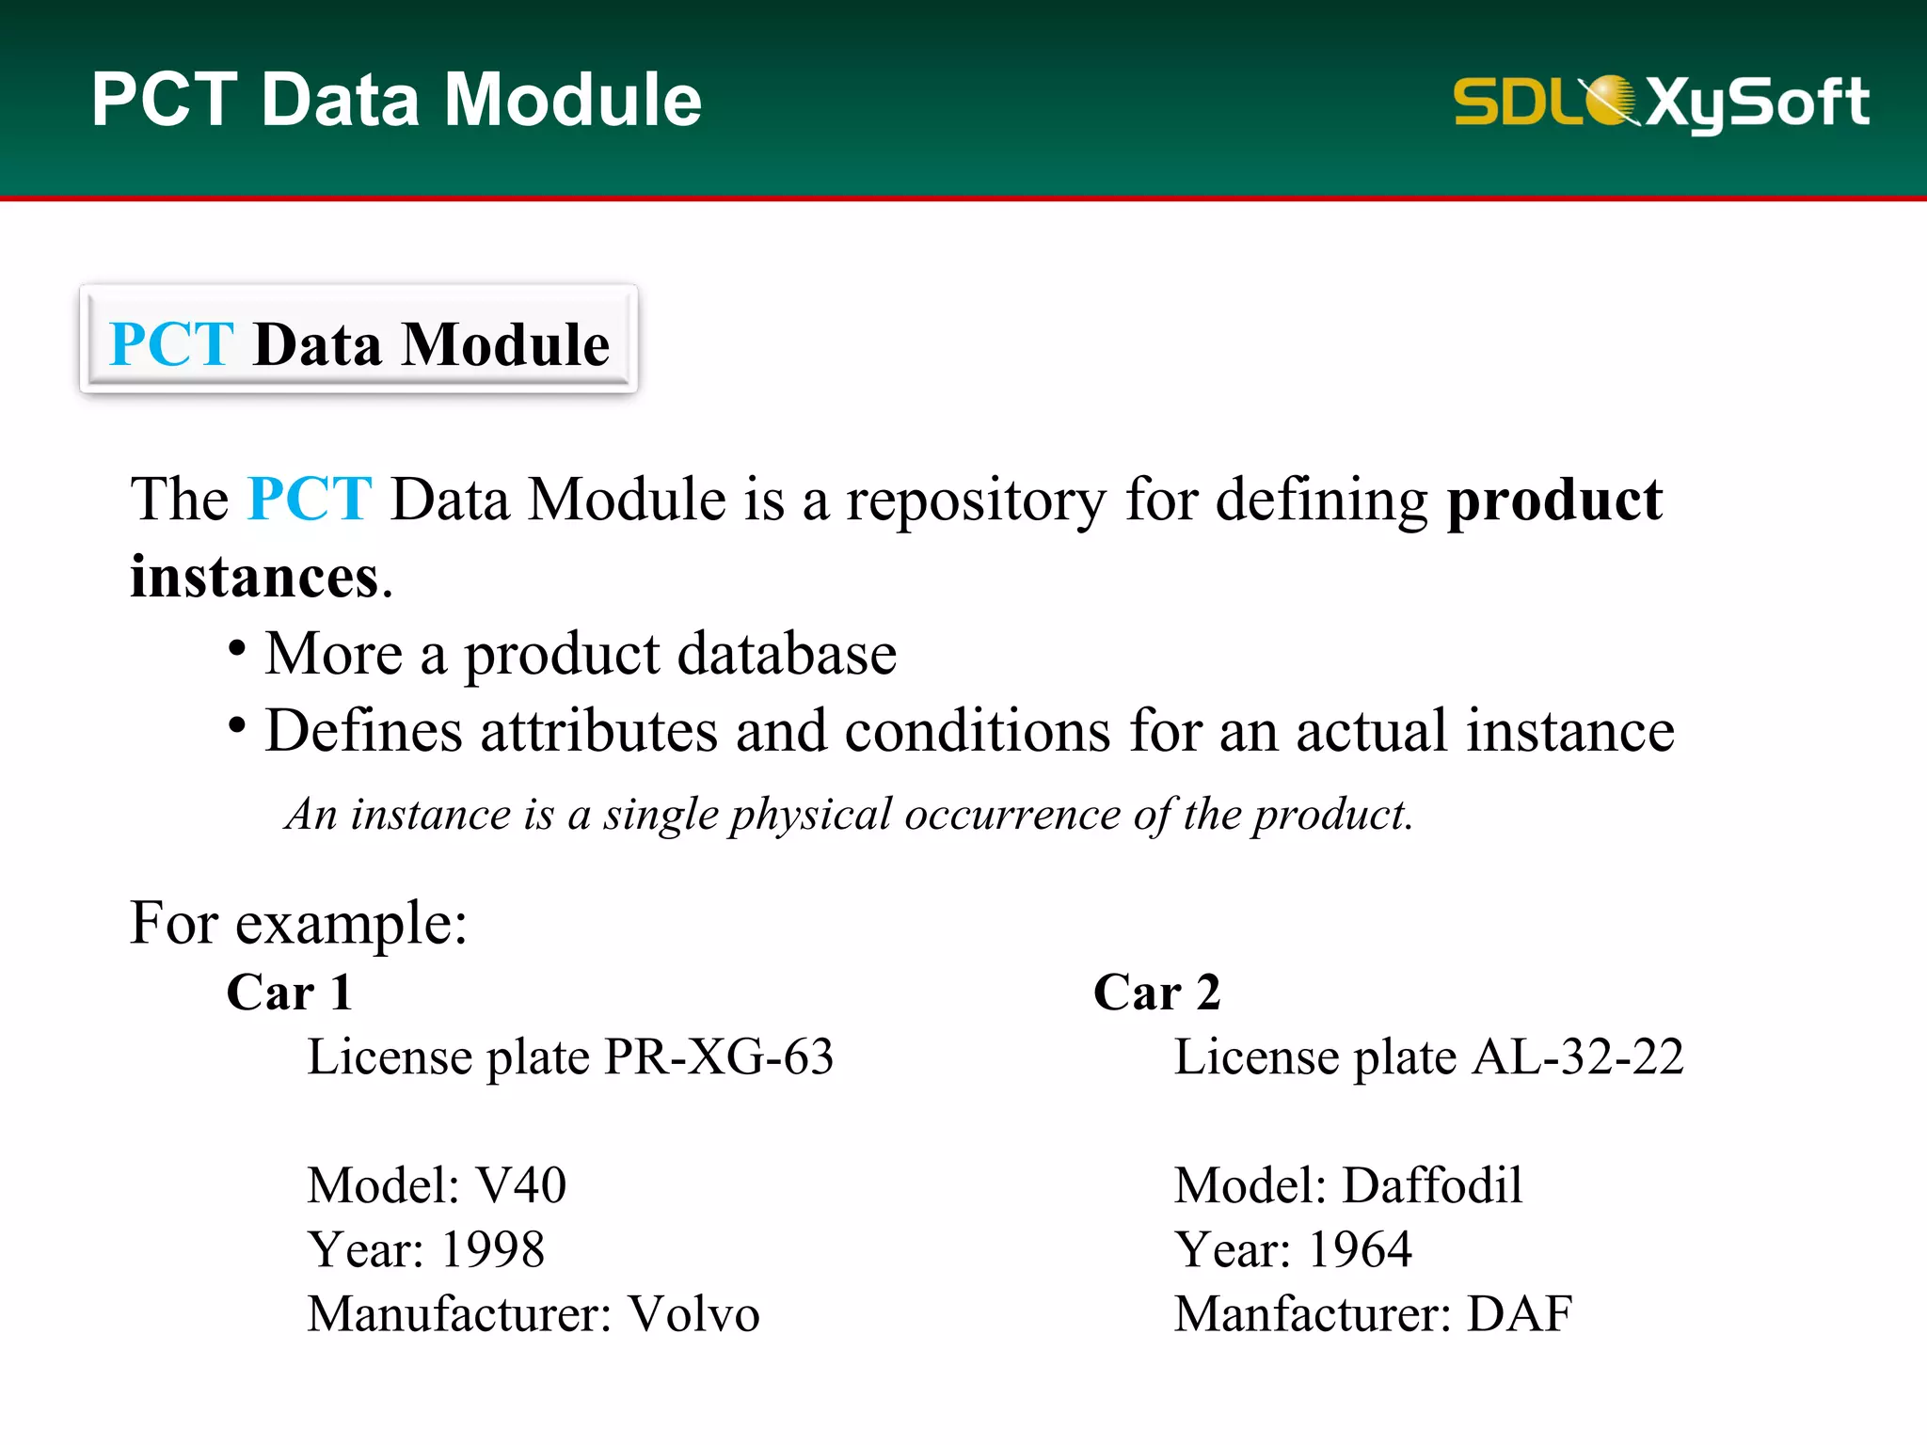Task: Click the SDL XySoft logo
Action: coord(1661,102)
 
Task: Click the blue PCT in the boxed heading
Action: coord(171,344)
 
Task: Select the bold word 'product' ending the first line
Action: coord(1553,500)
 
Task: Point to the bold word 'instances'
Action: coord(254,577)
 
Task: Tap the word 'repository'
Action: coord(976,501)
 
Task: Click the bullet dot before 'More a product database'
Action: coord(237,648)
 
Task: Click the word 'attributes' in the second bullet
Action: coord(598,731)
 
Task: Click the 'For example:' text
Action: coord(298,923)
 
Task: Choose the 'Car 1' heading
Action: coord(290,992)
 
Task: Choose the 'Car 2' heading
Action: coord(1156,992)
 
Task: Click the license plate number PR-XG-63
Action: coord(719,1056)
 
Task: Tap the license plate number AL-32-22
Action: coord(1578,1056)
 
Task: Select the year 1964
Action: coord(1360,1250)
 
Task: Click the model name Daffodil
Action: coord(1432,1185)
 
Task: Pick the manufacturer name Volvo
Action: coord(693,1314)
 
